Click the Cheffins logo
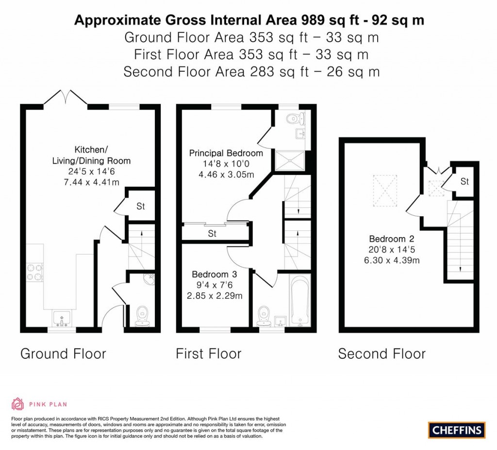[x=457, y=430]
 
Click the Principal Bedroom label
[x=226, y=153]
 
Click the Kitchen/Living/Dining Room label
[x=91, y=155]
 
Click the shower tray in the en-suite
[x=290, y=161]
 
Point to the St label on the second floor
[x=464, y=182]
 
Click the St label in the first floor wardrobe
[x=212, y=234]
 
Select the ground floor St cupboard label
[x=140, y=207]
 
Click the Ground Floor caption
[x=63, y=354]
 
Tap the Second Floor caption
[x=381, y=354]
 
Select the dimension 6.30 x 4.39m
[x=394, y=260]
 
